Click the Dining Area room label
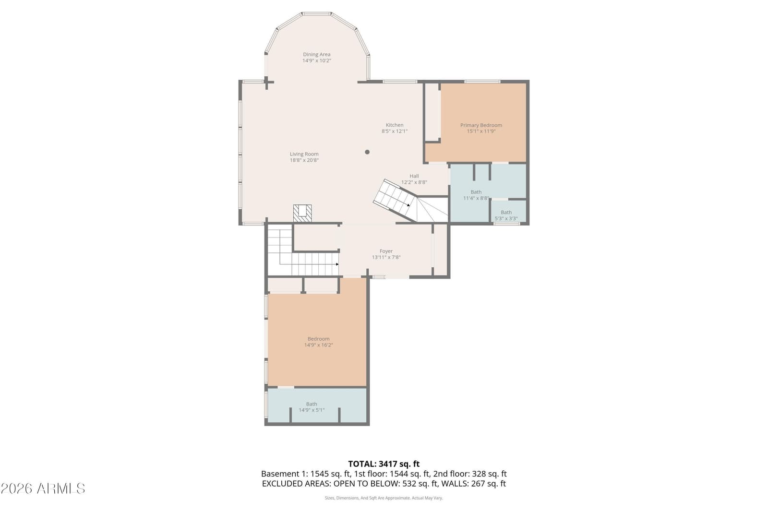[316, 55]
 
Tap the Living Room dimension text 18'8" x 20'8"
[304, 160]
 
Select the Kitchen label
[394, 125]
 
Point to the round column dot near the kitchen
[367, 152]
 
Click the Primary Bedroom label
[481, 125]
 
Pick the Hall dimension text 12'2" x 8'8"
[414, 182]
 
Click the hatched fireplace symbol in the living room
[302, 213]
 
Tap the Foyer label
[386, 251]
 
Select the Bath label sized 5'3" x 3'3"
[506, 213]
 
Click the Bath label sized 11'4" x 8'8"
[476, 192]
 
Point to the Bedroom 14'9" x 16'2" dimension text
[319, 345]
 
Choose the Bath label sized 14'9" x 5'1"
[312, 404]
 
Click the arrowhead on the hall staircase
[408, 205]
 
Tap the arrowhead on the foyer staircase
[337, 264]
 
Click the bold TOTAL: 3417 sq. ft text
[384, 464]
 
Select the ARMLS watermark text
[43, 488]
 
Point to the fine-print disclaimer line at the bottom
[384, 498]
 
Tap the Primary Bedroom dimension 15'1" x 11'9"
[481, 131]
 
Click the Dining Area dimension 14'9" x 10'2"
[316, 60]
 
